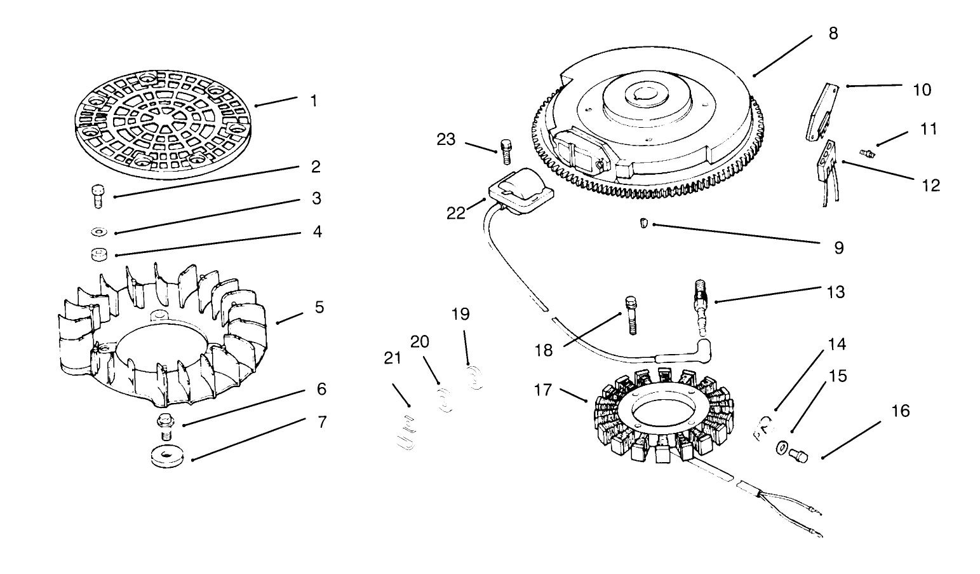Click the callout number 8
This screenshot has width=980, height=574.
(x=833, y=33)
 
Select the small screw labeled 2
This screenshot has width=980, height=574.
(x=97, y=195)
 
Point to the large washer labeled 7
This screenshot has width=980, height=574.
(x=167, y=457)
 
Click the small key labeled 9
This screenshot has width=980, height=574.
(x=643, y=224)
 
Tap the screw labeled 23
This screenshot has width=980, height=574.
(x=506, y=151)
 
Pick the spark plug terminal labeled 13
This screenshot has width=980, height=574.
(x=702, y=302)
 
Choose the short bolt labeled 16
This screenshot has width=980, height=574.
(x=798, y=455)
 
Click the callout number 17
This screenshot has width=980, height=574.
(x=544, y=389)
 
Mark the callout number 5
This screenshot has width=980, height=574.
(x=319, y=307)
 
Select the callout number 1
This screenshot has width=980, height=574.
(x=313, y=101)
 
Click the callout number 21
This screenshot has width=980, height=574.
(x=393, y=358)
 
